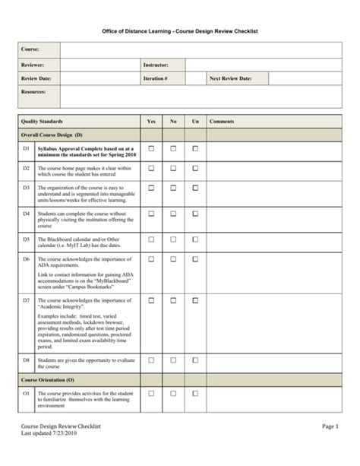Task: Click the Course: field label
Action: pos(30,49)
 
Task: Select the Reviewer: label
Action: pos(33,65)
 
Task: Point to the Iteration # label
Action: pos(155,78)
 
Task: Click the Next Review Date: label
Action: pos(232,78)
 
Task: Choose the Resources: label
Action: pos(34,92)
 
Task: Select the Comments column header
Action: pos(222,122)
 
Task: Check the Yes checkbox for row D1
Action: pos(150,148)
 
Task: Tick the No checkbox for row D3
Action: pos(173,187)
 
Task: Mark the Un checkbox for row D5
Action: pos(195,239)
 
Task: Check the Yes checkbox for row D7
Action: pos(150,301)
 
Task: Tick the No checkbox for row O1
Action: pos(173,393)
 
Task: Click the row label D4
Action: pos(26,214)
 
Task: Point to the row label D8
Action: pos(26,359)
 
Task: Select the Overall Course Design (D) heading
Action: pos(52,134)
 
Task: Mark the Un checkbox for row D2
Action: pos(195,167)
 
